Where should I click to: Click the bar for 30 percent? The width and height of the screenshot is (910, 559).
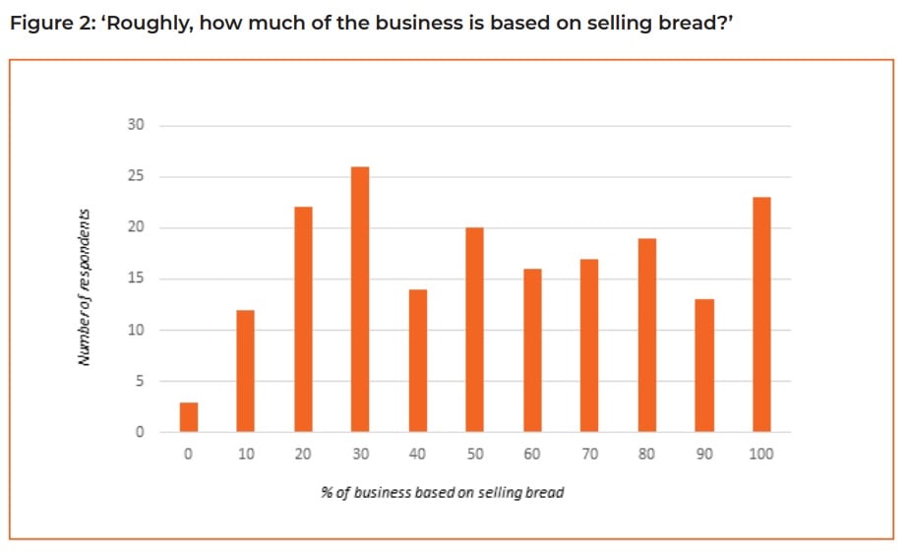360,299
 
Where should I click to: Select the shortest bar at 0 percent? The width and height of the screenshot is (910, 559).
189,416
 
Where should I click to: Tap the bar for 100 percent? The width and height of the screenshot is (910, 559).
760,314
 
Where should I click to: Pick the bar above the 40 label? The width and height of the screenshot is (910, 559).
417,360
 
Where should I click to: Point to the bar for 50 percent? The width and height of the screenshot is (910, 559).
474,330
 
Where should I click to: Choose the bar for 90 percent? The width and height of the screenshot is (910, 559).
703,365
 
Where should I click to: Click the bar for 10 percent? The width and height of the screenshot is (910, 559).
246,371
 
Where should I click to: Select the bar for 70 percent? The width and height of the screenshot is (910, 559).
589,345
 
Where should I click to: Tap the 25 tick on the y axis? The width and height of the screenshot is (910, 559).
136,177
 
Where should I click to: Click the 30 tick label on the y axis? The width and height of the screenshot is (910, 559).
136,126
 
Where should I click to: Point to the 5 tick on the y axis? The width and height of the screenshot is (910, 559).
139,381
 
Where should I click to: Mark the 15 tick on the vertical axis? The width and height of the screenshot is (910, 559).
136,279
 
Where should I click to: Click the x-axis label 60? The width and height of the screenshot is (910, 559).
532,454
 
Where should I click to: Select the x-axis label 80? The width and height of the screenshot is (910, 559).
646,454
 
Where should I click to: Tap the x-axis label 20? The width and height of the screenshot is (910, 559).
303,454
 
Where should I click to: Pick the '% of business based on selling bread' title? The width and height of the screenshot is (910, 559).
443,492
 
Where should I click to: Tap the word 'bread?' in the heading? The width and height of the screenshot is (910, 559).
698,24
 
